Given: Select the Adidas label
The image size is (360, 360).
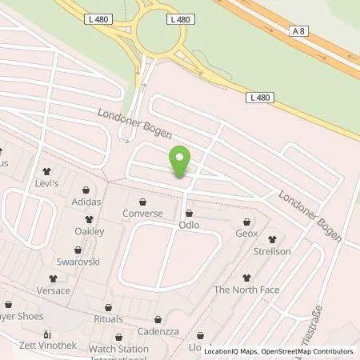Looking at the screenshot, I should (x=86, y=202).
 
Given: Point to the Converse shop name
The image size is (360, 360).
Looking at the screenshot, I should (x=142, y=214).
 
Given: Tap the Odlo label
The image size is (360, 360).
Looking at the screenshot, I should (x=189, y=225).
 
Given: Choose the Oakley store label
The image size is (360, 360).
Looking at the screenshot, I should (x=90, y=231).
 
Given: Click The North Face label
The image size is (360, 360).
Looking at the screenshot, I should (x=246, y=290).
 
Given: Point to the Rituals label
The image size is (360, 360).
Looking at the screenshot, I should (x=109, y=319).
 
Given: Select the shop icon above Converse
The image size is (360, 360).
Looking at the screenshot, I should (x=142, y=202).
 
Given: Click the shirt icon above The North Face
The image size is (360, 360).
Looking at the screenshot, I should (x=246, y=278).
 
